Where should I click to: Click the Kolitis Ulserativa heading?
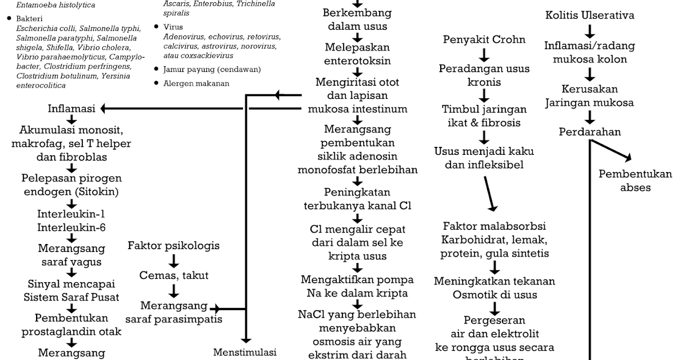point(589,15)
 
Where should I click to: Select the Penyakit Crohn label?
point(484,40)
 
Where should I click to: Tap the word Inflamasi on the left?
point(71,109)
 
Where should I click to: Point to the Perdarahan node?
point(589,132)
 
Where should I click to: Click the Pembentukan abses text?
point(635,181)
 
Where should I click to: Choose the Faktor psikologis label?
point(173,246)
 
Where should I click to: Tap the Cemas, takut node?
point(174,275)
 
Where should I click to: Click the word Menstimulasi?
point(245,352)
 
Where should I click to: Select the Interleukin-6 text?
point(71,227)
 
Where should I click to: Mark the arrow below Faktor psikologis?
point(174,261)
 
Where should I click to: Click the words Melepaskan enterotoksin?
point(357,53)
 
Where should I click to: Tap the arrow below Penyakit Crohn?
point(484,55)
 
